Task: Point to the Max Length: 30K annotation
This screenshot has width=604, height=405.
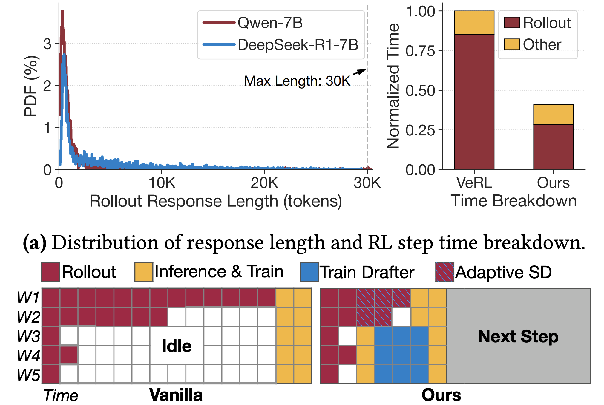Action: [297, 81]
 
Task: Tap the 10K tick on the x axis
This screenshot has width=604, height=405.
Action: [162, 183]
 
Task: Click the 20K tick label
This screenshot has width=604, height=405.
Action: [264, 183]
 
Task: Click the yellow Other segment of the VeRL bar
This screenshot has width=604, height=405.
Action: [474, 23]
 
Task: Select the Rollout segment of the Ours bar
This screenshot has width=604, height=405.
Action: [553, 147]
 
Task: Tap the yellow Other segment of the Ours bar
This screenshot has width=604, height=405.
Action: [553, 115]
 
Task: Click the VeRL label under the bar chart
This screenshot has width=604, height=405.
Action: [474, 183]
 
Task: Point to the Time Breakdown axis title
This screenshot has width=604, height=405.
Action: [513, 201]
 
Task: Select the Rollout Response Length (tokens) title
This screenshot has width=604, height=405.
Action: [216, 201]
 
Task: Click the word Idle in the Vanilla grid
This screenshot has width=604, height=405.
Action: [177, 346]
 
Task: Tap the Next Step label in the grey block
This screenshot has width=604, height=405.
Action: [518, 336]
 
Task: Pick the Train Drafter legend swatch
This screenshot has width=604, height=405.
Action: [309, 272]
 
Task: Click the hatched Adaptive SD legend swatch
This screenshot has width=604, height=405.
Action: [444, 272]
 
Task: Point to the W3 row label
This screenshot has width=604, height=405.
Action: [28, 336]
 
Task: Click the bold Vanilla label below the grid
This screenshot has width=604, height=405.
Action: [176, 395]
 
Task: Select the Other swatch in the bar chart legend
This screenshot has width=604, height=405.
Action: [512, 44]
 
